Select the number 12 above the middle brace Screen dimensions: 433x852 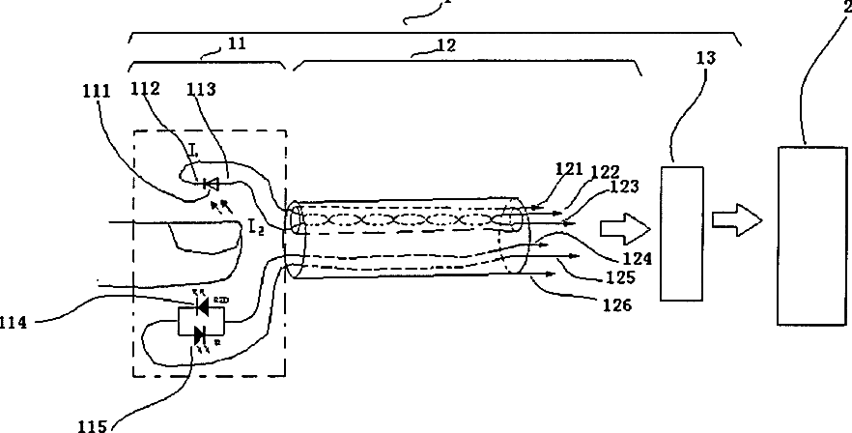420,43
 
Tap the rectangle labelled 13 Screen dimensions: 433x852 683,232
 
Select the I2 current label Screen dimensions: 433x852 257,227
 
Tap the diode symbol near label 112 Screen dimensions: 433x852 210,183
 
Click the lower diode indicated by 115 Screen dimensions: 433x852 201,334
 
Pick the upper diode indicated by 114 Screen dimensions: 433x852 202,306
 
